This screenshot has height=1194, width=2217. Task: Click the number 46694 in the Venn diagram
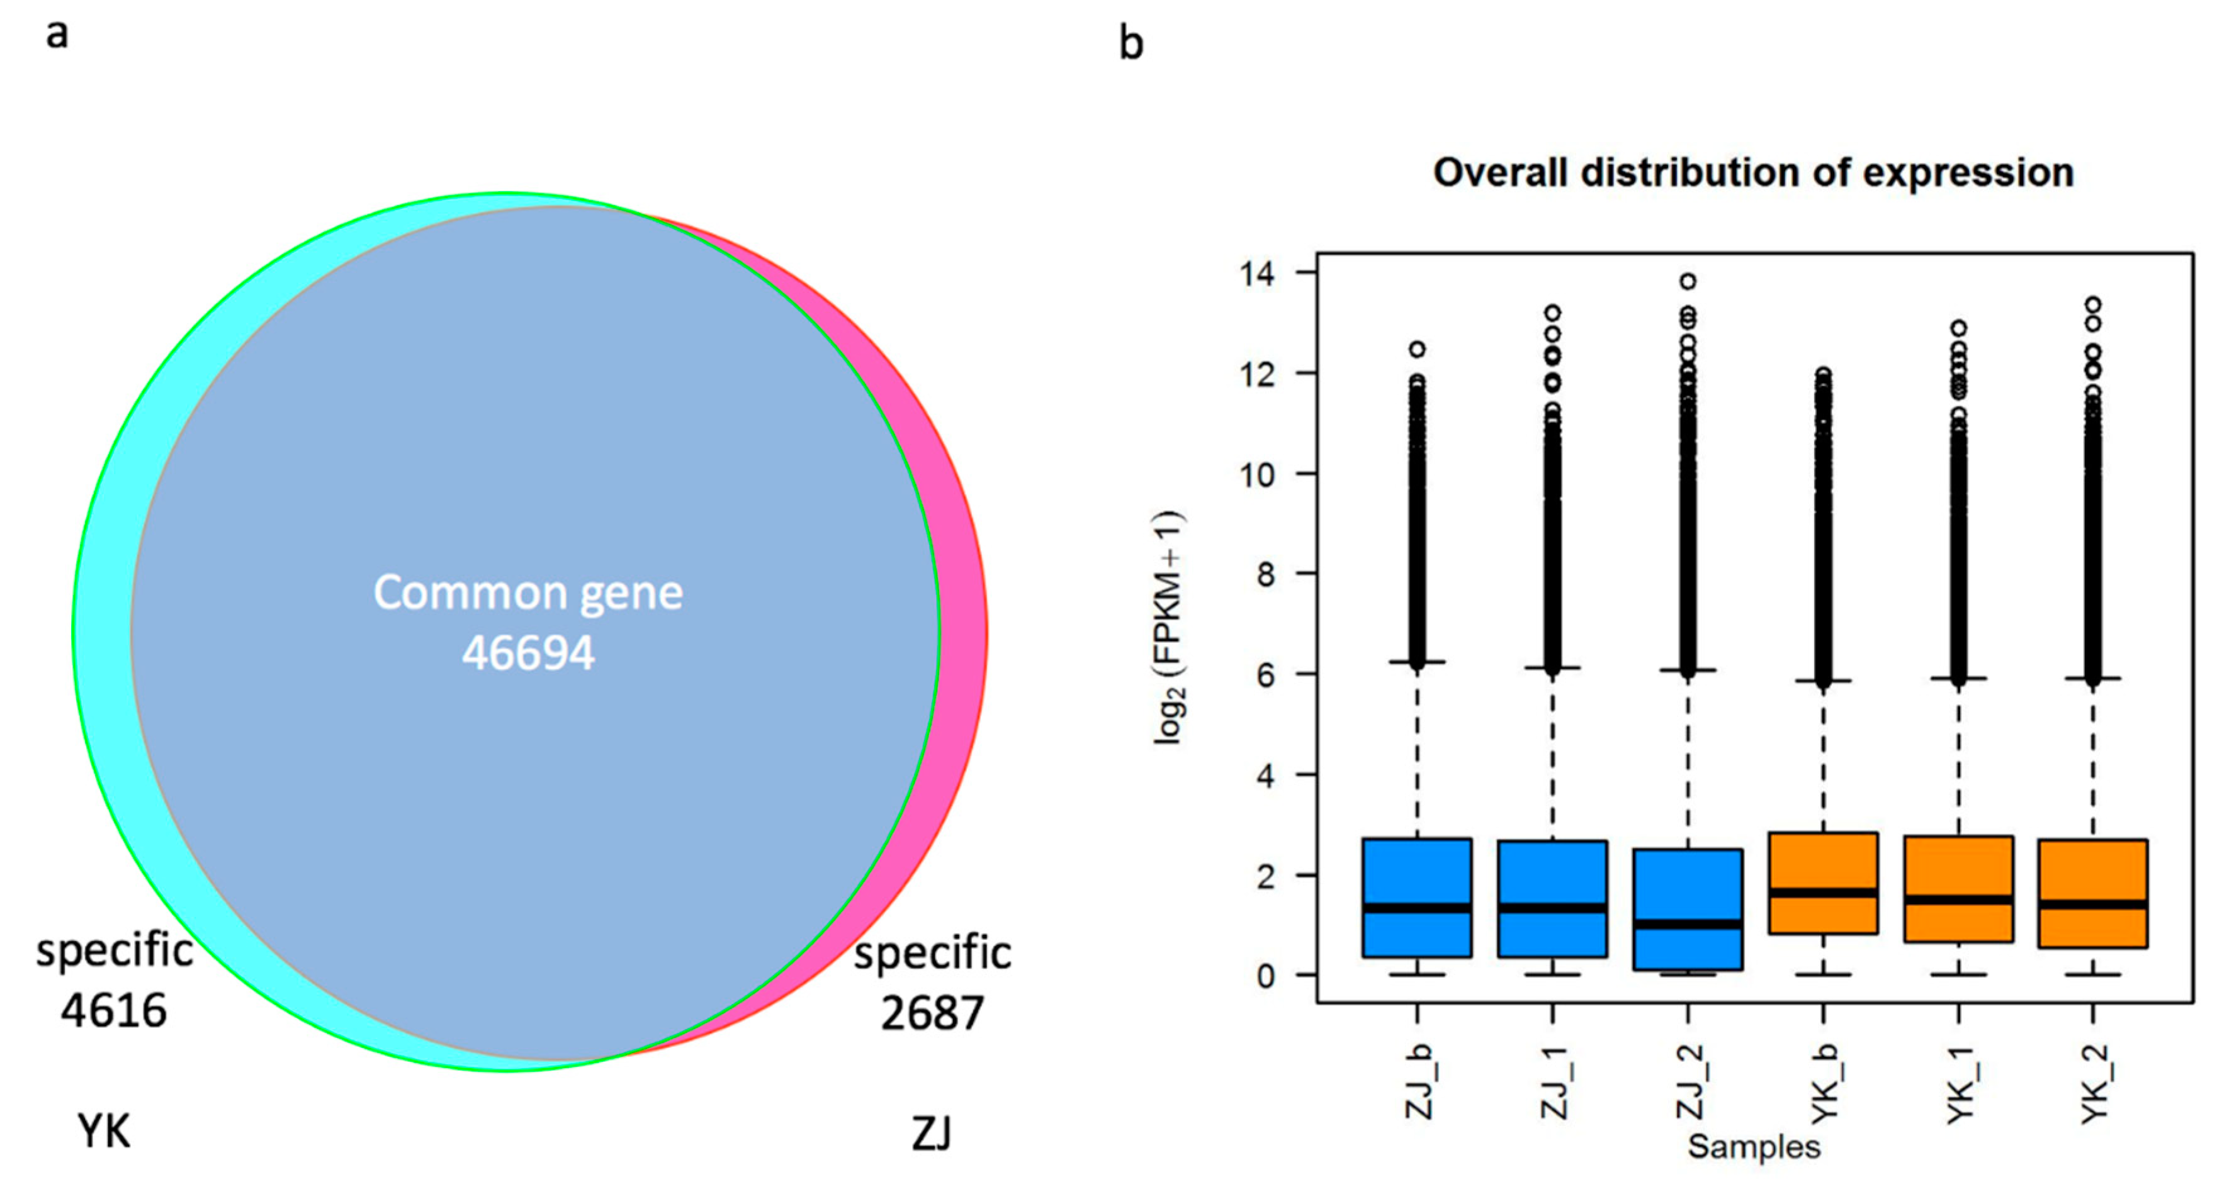527,653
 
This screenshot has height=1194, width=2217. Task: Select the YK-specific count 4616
113,1010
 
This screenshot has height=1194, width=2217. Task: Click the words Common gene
527,593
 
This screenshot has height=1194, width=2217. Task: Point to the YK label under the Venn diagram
104,1130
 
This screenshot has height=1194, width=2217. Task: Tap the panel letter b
1131,43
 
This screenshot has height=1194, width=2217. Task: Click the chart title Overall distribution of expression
1753,173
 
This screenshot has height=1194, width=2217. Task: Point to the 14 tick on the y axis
1256,274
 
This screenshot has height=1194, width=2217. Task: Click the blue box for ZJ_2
1687,886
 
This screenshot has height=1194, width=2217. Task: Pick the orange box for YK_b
1823,860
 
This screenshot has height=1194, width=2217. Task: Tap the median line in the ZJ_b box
1416,908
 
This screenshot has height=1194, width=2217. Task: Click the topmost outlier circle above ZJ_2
1688,281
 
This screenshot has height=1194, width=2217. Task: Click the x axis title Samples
1753,1147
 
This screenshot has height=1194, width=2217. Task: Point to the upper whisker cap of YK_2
2093,679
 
